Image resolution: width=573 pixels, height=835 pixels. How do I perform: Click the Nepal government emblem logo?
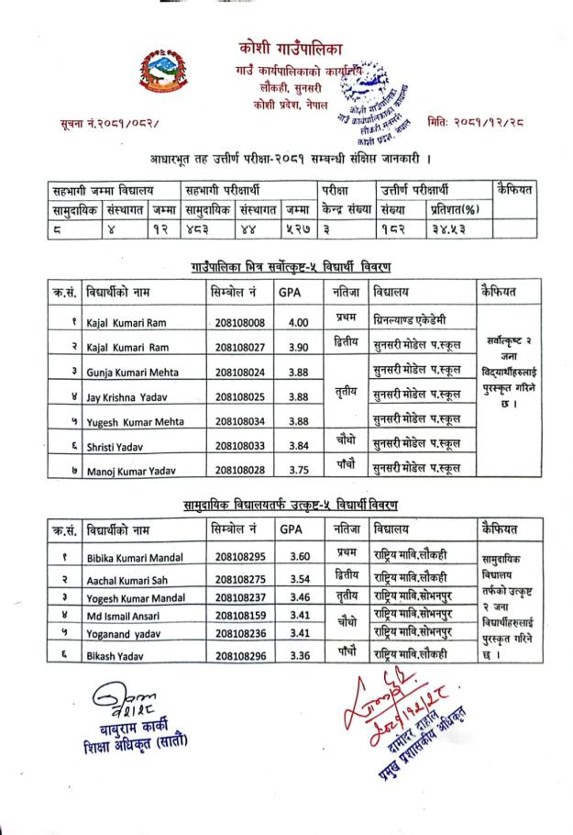point(168,72)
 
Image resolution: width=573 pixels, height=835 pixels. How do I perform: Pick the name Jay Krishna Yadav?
point(127,396)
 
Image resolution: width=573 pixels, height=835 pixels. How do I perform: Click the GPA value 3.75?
point(298,470)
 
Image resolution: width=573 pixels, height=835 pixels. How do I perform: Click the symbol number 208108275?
point(241,580)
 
